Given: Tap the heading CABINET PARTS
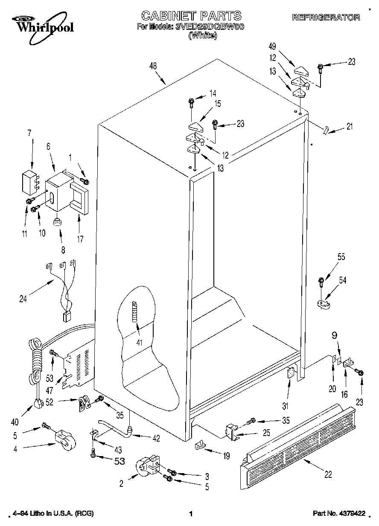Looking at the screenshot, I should [x=191, y=16].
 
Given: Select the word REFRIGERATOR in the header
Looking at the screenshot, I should [x=326, y=17].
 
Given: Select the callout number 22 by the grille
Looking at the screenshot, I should [x=328, y=474].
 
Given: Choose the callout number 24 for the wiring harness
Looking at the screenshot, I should [x=23, y=298].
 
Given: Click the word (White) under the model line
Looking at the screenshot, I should [x=203, y=36].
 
